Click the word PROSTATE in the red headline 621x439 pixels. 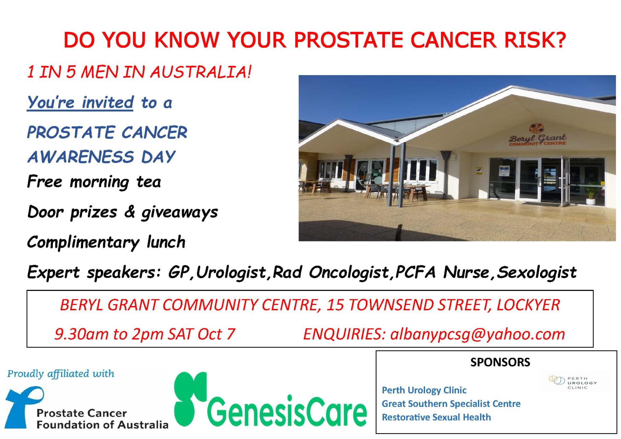pos(348,40)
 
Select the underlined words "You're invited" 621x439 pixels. pos(80,103)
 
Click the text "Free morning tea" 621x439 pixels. pos(94,182)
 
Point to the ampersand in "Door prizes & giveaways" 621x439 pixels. pos(129,212)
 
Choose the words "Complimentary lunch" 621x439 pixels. pos(106,242)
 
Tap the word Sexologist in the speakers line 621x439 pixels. pos(537,272)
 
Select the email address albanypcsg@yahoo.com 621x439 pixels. pos(478,334)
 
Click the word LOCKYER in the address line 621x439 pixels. pos(528,305)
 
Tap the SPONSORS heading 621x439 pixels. pos(500,362)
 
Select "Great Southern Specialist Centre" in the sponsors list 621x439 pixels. pos(451,404)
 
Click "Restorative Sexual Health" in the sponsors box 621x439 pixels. pos(436,417)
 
